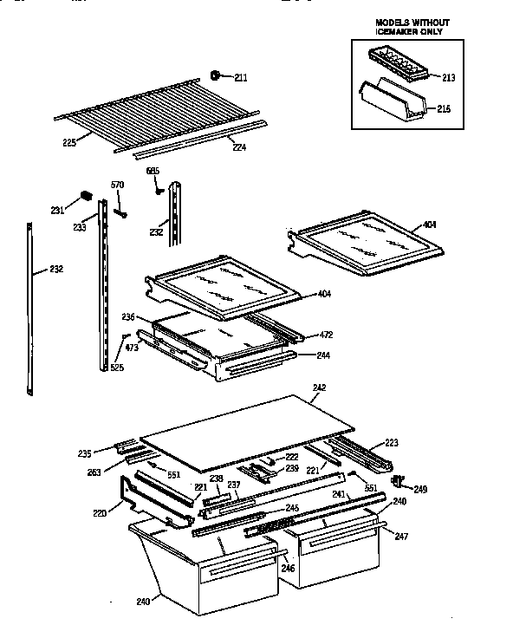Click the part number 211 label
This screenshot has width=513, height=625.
tap(240, 79)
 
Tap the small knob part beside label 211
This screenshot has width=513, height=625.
tap(217, 75)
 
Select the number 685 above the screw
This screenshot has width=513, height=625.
tap(153, 171)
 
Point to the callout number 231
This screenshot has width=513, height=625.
tap(57, 210)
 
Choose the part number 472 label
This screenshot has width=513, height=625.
tap(326, 335)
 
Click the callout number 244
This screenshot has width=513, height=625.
tap(322, 355)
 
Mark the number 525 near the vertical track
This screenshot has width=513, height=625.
tap(116, 368)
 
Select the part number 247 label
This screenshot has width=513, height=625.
tap(399, 537)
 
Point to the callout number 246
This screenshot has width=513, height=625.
tap(287, 568)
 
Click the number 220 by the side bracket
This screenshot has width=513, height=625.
tap(100, 513)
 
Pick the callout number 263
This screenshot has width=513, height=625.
tap(94, 472)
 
